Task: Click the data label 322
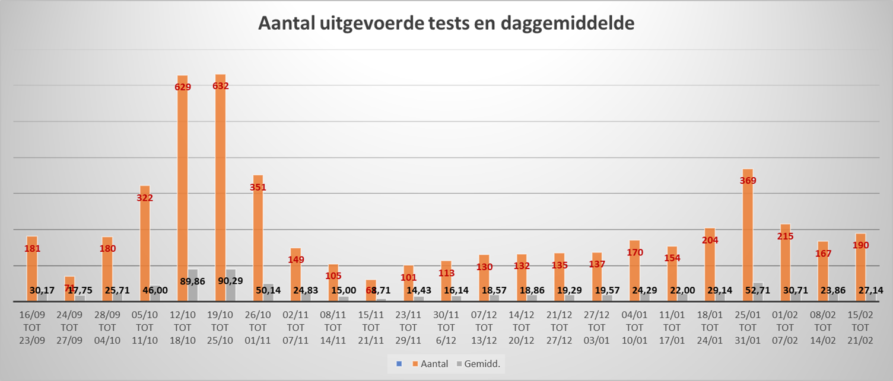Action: (145, 198)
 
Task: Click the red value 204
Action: (710, 240)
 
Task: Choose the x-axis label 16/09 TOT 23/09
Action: (32, 327)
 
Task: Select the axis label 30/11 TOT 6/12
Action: (446, 327)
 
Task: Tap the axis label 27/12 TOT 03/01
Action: (596, 327)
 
